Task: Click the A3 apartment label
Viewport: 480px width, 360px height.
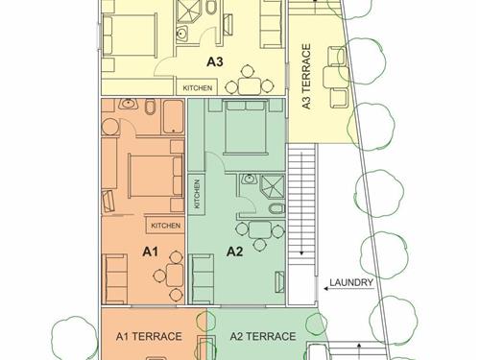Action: click(x=214, y=61)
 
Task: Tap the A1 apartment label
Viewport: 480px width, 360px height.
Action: click(x=150, y=252)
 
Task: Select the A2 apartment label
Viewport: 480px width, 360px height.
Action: click(x=234, y=252)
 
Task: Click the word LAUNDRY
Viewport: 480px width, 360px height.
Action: click(x=351, y=282)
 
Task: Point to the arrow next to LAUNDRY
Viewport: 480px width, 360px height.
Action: click(x=348, y=289)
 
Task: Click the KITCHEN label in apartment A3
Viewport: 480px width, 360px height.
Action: click(x=197, y=88)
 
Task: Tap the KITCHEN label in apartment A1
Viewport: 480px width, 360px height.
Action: click(x=165, y=226)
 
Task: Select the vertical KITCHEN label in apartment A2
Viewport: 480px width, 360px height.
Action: click(x=197, y=194)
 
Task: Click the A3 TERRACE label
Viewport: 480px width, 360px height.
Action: click(x=306, y=77)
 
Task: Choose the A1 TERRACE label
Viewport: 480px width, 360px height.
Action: click(x=149, y=336)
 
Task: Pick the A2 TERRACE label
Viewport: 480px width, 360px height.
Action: click(x=263, y=336)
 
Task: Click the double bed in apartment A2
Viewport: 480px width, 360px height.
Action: click(x=246, y=128)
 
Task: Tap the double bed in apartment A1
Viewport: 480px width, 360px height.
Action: click(x=156, y=176)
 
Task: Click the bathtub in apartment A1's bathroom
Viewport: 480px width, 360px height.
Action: click(x=173, y=117)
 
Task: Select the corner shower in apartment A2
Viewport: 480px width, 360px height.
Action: click(x=272, y=187)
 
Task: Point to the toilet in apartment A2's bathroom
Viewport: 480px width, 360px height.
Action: click(x=276, y=208)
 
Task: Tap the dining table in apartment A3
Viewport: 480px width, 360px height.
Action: click(x=251, y=85)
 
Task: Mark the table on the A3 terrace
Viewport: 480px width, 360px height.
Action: click(x=334, y=77)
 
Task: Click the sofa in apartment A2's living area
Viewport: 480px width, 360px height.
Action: click(x=202, y=278)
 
